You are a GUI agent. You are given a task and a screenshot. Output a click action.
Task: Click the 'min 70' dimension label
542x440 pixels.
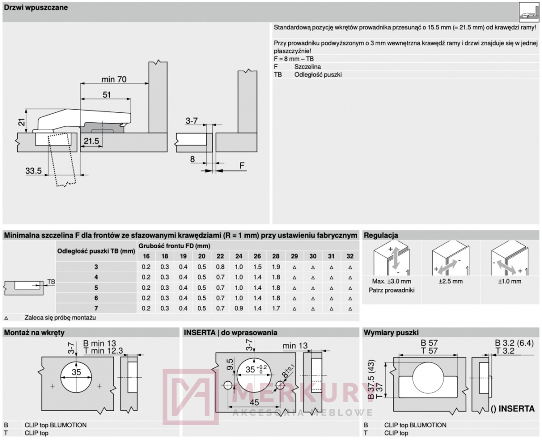114,79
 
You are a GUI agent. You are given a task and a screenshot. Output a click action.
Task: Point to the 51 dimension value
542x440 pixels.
107,95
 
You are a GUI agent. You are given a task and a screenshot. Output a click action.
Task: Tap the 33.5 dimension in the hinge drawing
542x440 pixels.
33,171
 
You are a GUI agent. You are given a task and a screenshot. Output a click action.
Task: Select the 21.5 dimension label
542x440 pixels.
91,141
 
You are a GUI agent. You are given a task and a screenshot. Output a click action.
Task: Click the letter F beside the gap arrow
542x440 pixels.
242,166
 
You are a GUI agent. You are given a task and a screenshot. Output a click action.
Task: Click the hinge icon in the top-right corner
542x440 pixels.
529,12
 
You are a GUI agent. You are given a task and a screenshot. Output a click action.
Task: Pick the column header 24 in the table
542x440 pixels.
238,256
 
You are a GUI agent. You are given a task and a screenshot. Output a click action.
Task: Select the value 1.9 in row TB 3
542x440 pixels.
276,267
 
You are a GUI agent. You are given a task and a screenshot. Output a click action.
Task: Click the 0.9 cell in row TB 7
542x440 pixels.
238,308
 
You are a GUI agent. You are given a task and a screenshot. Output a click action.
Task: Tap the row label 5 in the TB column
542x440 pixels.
96,288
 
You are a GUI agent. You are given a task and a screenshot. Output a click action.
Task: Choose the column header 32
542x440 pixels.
350,256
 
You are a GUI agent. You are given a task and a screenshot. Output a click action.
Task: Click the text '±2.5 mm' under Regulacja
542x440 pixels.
450,282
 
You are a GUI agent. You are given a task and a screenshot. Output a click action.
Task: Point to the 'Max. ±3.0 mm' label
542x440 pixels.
391,282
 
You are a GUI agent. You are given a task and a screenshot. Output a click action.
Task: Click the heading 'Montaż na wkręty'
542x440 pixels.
34,333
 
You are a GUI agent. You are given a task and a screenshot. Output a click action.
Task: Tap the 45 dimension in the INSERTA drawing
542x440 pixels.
254,403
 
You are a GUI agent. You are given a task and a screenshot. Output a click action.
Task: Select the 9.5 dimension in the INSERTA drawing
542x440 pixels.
230,364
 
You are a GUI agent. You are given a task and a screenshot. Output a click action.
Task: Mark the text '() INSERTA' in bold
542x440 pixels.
513,409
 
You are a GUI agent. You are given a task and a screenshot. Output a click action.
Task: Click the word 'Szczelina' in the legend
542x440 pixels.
308,67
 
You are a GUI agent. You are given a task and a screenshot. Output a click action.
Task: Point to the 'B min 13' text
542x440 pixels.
99,343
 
